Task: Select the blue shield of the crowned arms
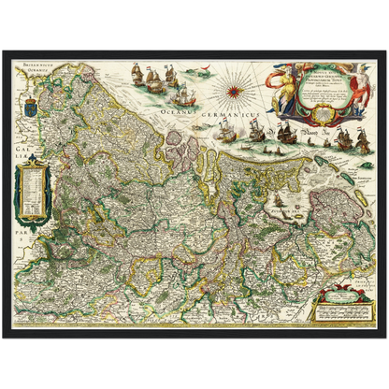(x=24, y=100)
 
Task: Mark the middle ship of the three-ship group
(x=154, y=75)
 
